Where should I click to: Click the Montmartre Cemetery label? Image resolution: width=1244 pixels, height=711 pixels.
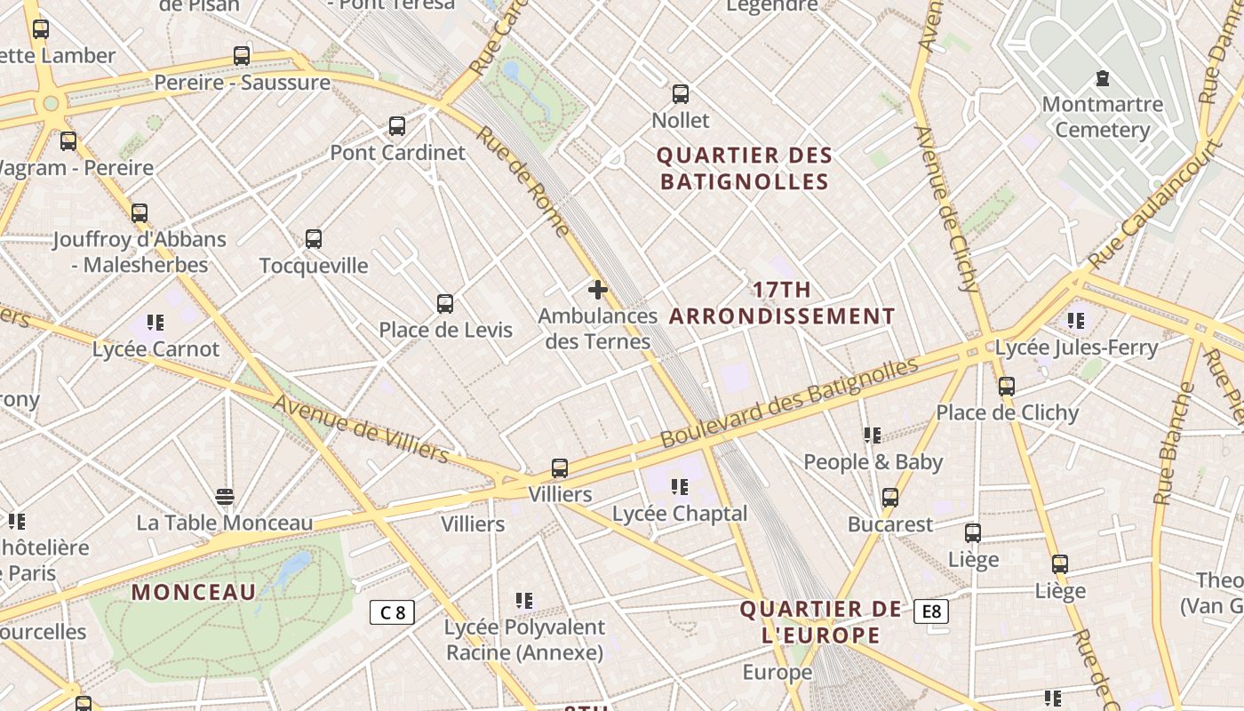(1102, 116)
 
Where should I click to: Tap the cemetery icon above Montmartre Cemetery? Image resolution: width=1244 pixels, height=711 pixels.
(1103, 78)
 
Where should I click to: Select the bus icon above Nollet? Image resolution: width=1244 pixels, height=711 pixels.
(681, 93)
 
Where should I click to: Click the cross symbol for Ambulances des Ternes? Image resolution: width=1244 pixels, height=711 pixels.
(598, 289)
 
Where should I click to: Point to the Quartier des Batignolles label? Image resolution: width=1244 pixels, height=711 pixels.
(744, 168)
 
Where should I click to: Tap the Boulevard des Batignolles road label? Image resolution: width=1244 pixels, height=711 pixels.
(789, 402)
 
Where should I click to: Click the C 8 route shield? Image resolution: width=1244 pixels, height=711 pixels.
(392, 611)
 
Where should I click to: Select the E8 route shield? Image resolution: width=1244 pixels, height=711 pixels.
(930, 611)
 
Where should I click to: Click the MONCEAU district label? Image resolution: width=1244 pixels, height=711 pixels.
(194, 592)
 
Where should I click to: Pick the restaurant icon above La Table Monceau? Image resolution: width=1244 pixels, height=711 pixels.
(225, 496)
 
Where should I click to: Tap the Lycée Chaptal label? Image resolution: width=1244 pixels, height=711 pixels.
(680, 513)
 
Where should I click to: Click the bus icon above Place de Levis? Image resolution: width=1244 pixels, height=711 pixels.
(445, 304)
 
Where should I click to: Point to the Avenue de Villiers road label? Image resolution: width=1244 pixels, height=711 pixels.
(361, 428)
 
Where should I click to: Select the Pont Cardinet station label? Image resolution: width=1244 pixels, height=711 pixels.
(397, 152)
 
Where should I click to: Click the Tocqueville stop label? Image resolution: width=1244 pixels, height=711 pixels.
(314, 265)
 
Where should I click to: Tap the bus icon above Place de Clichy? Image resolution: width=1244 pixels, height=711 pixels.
(1007, 387)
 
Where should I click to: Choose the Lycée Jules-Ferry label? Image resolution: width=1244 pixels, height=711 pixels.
(1076, 348)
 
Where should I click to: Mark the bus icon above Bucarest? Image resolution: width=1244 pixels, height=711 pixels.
(890, 498)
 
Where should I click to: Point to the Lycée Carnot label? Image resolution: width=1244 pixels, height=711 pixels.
(155, 348)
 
